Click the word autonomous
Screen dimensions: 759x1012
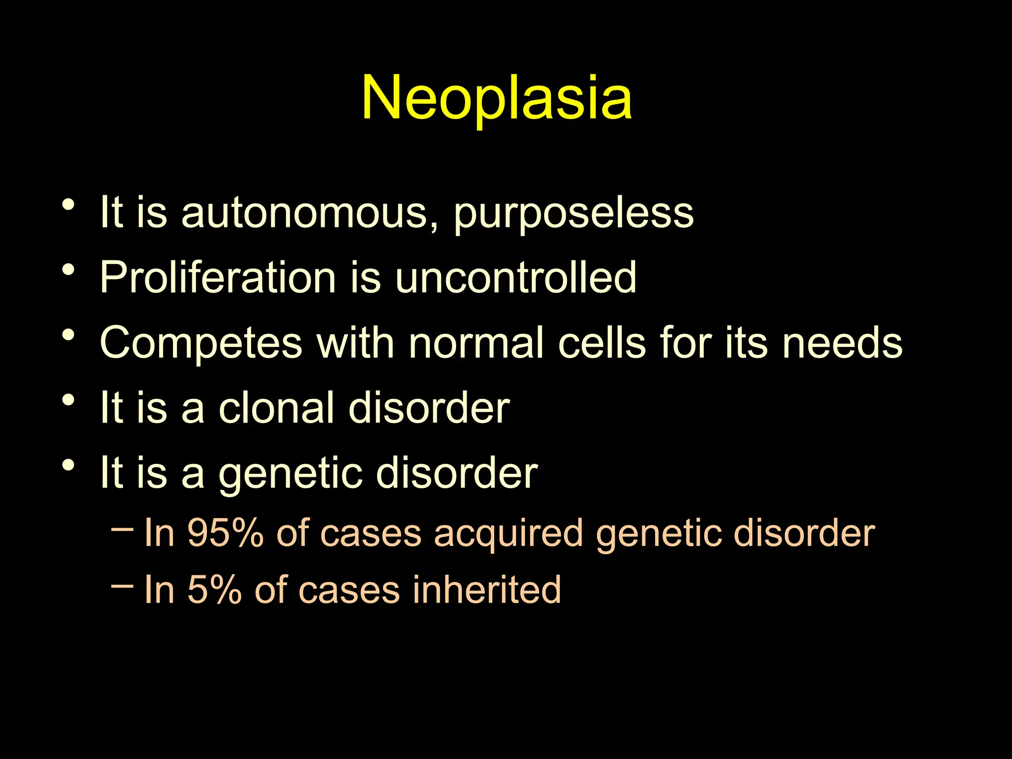point(309,213)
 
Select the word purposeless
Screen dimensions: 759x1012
point(573,213)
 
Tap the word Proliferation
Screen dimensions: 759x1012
point(218,278)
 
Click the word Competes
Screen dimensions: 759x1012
point(201,343)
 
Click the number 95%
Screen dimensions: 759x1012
point(225,534)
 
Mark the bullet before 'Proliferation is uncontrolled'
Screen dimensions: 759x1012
point(69,270)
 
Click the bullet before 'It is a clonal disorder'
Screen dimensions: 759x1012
point(69,400)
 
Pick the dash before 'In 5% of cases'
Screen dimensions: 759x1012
point(122,586)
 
